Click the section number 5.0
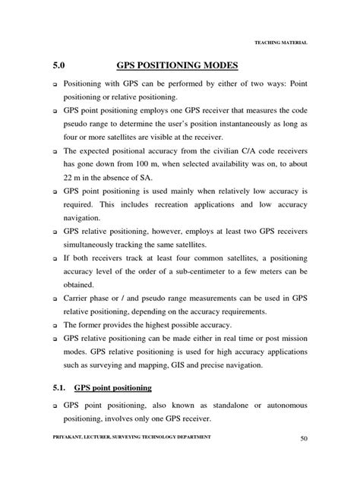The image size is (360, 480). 61,66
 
